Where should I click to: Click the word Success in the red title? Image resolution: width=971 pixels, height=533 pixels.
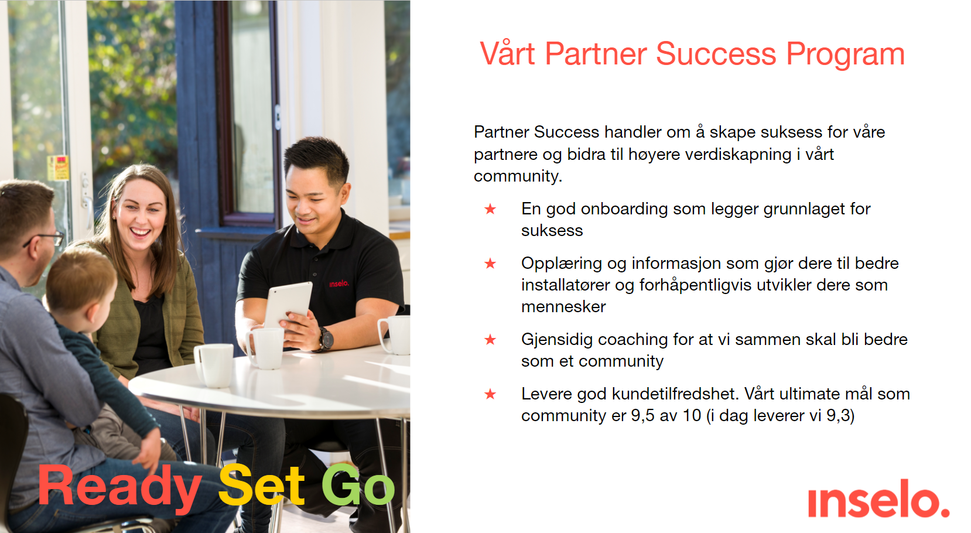coord(716,54)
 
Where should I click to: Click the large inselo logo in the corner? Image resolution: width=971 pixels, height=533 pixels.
coord(878,498)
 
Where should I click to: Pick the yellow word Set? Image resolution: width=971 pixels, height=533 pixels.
coord(262,485)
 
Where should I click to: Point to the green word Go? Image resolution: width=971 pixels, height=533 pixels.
coord(358,485)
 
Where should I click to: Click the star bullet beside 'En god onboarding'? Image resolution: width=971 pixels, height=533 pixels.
coord(490,209)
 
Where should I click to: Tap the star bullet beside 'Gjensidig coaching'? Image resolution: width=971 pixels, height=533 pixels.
coord(490,340)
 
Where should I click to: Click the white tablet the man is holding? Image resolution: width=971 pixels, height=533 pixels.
coord(288,305)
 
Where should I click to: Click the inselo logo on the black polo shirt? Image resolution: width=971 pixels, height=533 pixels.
coord(339,283)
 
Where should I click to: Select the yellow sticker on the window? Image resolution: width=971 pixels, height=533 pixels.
coord(58,168)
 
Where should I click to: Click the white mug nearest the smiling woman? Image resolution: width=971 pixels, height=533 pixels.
coord(214,365)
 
